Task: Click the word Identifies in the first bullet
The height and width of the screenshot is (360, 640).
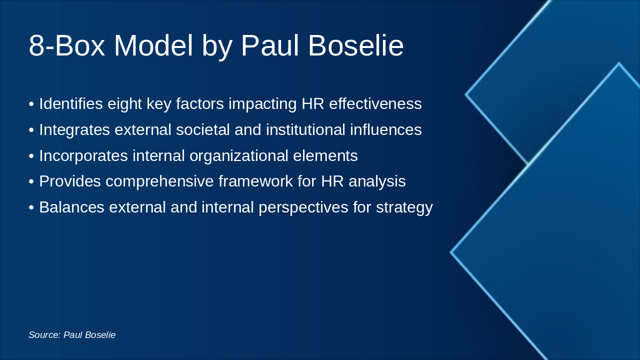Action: point(70,104)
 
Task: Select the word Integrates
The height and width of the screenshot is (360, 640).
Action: point(74,130)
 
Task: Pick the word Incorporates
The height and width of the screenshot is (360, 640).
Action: point(83,156)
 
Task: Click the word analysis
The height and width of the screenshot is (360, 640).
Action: point(377,181)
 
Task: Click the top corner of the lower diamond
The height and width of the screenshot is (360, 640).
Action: point(618,64)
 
